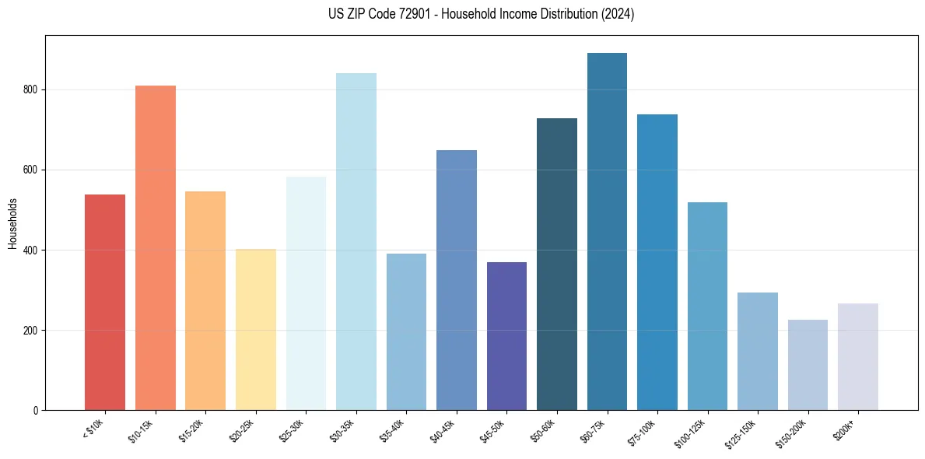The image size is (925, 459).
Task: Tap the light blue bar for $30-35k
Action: pos(356,241)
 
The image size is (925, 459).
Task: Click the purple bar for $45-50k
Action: pos(506,336)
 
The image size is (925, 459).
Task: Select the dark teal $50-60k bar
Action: pos(557,264)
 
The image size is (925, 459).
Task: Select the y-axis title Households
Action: pos(12,222)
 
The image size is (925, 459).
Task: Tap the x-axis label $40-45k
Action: pos(443,429)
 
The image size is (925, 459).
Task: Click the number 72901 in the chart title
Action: pos(405,14)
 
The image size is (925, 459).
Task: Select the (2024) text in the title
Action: pos(618,14)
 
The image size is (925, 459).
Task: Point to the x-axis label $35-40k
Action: pos(394,429)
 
